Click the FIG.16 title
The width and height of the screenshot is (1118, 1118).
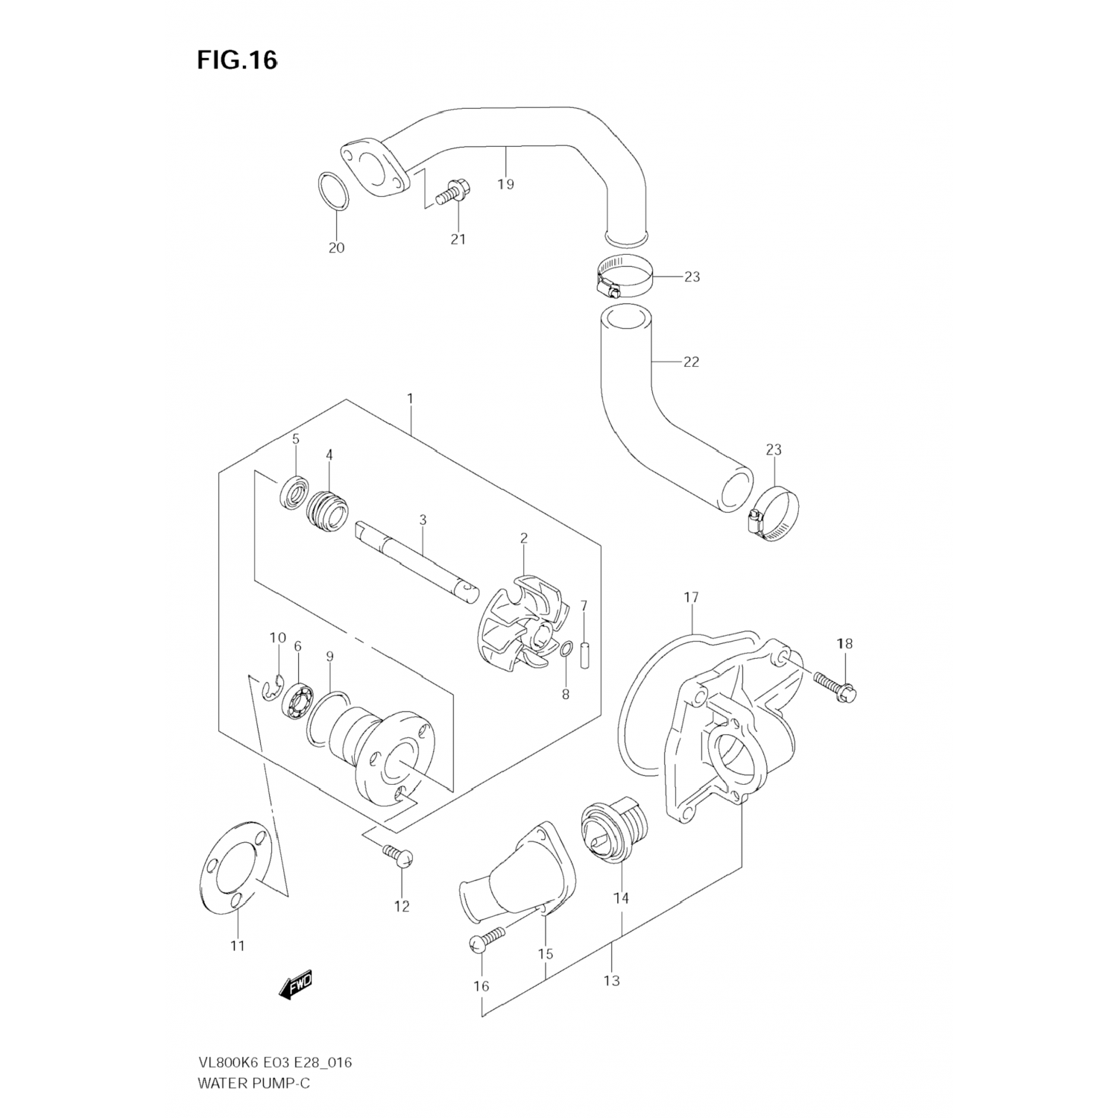(x=237, y=60)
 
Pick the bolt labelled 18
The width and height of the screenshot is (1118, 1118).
(x=836, y=686)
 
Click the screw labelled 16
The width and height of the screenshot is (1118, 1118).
(x=484, y=940)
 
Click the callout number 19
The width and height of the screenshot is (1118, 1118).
(x=506, y=184)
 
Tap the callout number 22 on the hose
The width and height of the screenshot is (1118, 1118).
(x=691, y=362)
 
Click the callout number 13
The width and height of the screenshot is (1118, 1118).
(x=611, y=981)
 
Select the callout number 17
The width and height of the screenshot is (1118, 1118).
(x=691, y=597)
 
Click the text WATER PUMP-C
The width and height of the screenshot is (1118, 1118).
(x=253, y=1083)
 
